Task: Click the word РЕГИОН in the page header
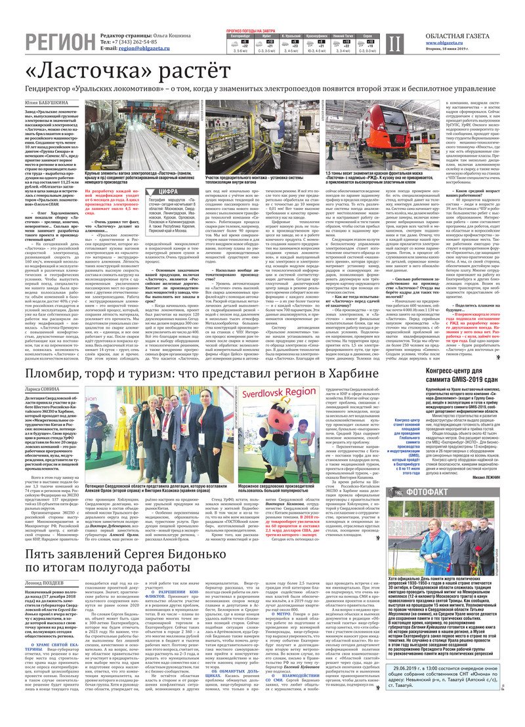coord(60,43)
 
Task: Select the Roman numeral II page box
coord(393,43)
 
